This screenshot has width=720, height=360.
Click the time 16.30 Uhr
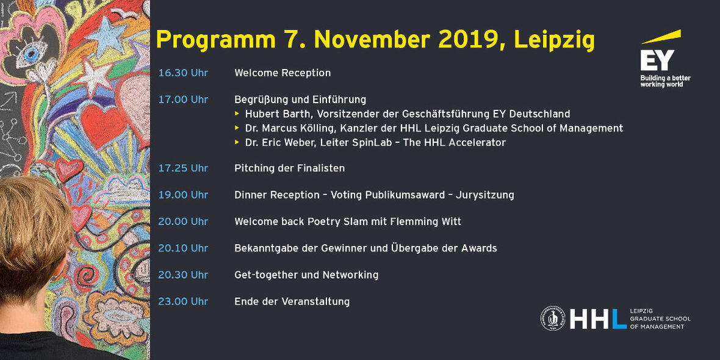point(183,73)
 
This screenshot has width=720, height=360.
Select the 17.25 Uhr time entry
point(183,168)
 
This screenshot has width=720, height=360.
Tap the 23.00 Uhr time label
point(183,301)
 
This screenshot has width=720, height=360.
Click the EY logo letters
point(657,60)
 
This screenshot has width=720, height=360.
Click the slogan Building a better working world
point(665,81)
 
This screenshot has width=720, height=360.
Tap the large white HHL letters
point(598,319)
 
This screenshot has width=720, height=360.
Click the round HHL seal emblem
point(553,319)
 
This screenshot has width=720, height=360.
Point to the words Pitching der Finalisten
point(289,168)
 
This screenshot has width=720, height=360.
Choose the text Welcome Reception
point(283,73)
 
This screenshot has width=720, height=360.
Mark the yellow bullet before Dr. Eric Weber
point(237,142)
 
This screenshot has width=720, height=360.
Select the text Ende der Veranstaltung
point(292,301)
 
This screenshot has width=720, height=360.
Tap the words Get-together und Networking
point(306,275)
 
